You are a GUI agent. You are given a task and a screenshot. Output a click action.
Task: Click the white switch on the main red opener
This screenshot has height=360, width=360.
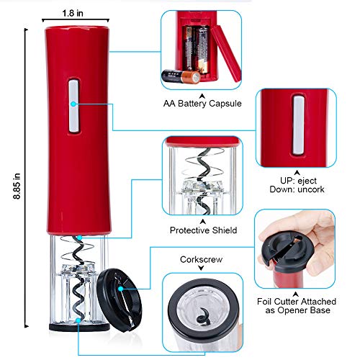(75, 107)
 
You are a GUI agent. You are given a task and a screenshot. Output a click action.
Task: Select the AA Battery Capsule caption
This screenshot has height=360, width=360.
(202, 103)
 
